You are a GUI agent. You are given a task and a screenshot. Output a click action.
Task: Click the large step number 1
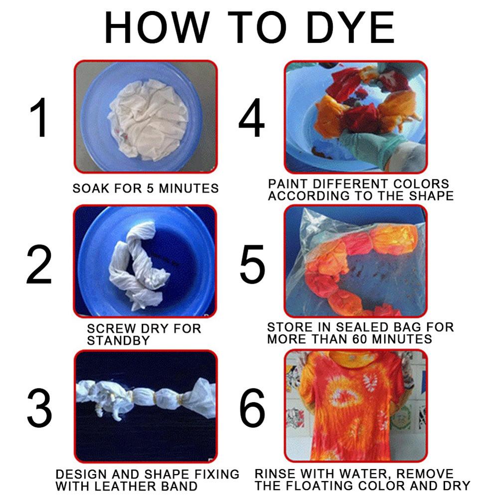(39, 118)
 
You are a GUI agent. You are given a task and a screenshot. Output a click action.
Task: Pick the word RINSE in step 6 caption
(272, 473)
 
